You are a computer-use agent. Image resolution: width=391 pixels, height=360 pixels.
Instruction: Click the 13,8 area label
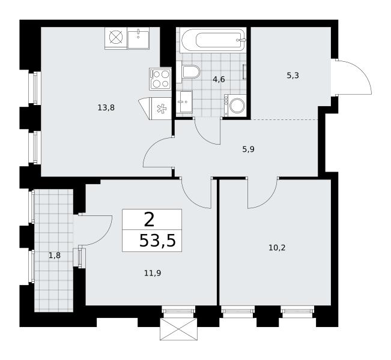click(x=106, y=108)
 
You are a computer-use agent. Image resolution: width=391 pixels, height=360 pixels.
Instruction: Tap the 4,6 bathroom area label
click(x=219, y=79)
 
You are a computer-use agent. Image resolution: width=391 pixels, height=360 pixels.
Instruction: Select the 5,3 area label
click(x=292, y=75)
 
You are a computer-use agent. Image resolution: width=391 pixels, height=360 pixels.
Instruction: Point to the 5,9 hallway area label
click(x=248, y=149)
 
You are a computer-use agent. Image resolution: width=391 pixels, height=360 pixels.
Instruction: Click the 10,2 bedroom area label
click(x=277, y=248)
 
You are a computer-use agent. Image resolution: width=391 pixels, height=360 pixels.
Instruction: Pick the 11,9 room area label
click(x=153, y=274)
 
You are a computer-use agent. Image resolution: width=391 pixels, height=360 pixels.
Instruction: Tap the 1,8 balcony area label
click(x=55, y=256)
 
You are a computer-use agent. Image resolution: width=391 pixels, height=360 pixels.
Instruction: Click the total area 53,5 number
click(x=157, y=241)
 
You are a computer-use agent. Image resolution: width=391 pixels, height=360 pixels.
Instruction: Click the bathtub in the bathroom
click(x=213, y=40)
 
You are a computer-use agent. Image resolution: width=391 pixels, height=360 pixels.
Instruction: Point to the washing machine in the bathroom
click(x=235, y=106)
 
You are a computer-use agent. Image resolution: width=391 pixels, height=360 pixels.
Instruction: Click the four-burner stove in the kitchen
click(x=160, y=79)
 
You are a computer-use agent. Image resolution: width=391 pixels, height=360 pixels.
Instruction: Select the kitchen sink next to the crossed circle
click(x=138, y=38)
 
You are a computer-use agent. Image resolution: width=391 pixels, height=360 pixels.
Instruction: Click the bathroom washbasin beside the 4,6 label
click(x=184, y=101)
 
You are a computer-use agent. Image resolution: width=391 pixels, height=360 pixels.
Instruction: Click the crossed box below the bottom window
click(x=178, y=329)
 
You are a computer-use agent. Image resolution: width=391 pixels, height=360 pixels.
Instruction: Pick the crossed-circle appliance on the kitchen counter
click(x=116, y=38)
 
